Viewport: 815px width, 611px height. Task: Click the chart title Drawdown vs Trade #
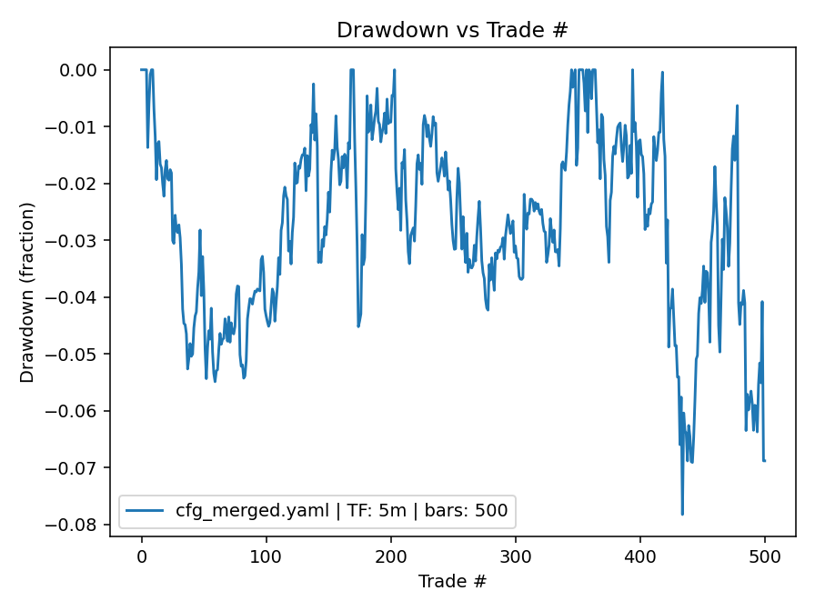(x=452, y=29)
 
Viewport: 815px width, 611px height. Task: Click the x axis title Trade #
(x=452, y=581)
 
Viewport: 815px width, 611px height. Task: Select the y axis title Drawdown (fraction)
(x=27, y=292)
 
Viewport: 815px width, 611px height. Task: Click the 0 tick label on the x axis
(x=141, y=556)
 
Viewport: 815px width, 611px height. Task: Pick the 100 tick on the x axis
(x=266, y=556)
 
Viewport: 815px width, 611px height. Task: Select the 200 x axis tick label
(x=390, y=556)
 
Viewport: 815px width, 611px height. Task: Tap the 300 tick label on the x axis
(x=515, y=556)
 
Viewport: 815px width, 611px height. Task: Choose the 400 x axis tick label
(x=639, y=556)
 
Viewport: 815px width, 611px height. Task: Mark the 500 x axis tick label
(x=764, y=556)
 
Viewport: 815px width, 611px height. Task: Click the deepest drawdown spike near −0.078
(x=682, y=514)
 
